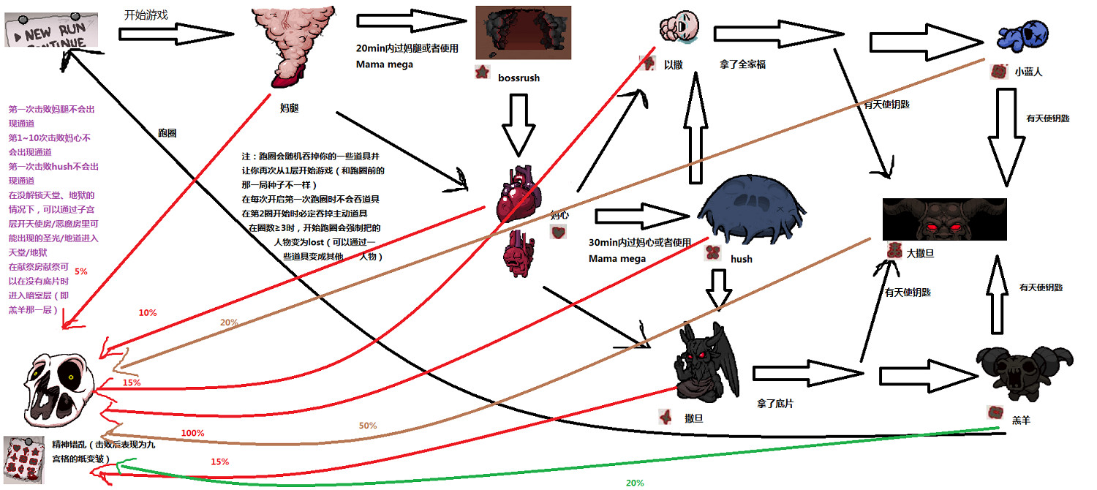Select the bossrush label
point(518,78)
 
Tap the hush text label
point(741,258)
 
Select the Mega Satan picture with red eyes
point(944,219)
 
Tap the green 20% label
point(634,483)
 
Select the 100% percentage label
point(192,433)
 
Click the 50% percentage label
point(367,426)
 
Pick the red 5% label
point(80,271)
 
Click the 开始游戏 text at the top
point(142,13)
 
